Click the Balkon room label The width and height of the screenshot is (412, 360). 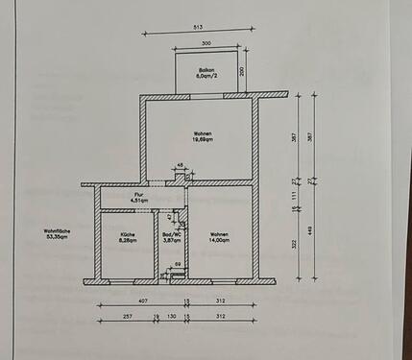pyautogui.click(x=206, y=73)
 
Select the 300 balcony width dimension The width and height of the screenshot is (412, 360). pyautogui.click(x=206, y=44)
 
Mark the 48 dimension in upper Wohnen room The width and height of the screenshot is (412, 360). pyautogui.click(x=182, y=166)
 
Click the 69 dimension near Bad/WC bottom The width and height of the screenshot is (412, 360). pyautogui.click(x=178, y=261)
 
